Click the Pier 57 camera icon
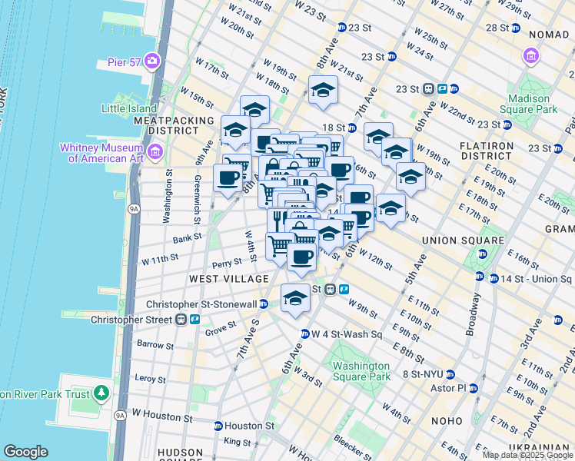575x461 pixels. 152,61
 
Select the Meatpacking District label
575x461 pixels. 174,126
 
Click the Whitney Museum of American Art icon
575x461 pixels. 155,152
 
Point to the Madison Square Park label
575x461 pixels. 532,104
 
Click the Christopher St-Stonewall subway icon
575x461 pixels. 264,304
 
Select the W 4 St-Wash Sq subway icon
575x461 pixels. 305,334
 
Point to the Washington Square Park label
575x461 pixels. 361,371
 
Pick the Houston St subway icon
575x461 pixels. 218,426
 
